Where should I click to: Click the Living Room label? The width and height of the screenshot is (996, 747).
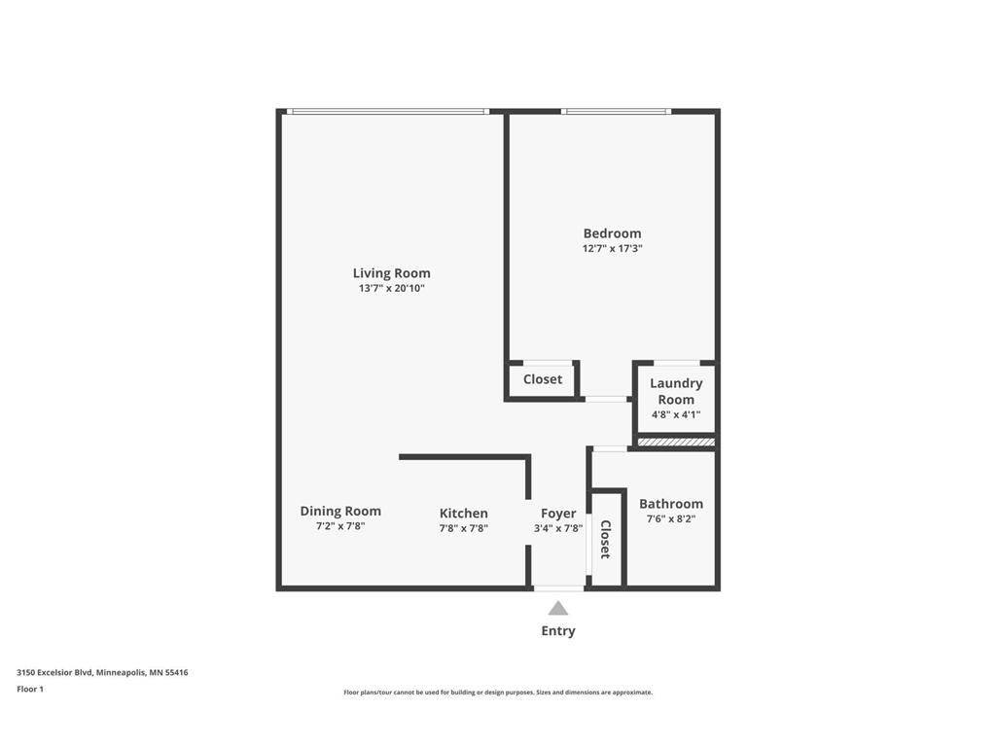click(x=391, y=273)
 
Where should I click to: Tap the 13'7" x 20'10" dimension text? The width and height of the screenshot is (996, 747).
click(x=391, y=289)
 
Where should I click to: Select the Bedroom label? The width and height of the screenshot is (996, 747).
click(x=612, y=233)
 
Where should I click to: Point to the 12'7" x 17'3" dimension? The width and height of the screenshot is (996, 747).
click(x=612, y=249)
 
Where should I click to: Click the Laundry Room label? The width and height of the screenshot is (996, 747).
click(x=676, y=391)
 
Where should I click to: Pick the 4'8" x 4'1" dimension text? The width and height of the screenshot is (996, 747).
click(x=676, y=415)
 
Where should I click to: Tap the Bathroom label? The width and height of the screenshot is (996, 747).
click(x=670, y=504)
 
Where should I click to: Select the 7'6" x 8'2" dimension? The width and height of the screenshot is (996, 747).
click(x=670, y=519)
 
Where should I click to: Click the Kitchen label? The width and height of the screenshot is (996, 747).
click(x=463, y=514)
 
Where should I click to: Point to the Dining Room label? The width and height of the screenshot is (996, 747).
click(x=340, y=511)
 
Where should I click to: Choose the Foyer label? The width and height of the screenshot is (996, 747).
click(x=558, y=514)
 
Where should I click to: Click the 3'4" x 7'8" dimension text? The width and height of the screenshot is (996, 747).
click(x=558, y=529)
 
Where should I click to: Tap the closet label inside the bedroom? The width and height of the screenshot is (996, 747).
click(x=542, y=379)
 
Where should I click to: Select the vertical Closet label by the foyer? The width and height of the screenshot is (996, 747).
click(x=605, y=539)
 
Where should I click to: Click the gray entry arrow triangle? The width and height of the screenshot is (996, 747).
click(x=557, y=609)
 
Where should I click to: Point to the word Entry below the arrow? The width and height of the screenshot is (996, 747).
click(x=557, y=631)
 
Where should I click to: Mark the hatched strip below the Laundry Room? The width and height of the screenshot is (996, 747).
click(x=676, y=443)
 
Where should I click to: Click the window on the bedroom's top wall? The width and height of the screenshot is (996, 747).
click(x=616, y=112)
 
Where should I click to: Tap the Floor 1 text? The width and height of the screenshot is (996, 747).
click(x=30, y=689)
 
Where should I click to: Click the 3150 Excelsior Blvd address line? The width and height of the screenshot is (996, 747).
click(x=102, y=672)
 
